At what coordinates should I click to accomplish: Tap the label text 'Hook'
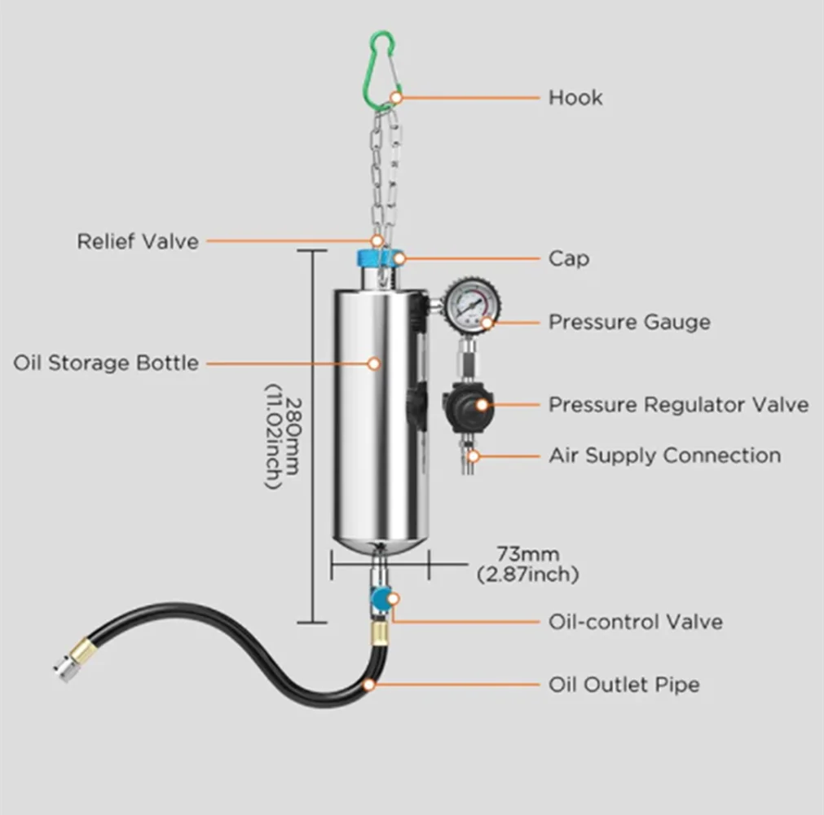click(575, 98)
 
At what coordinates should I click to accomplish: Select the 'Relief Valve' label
click(138, 242)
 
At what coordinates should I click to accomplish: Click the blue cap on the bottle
click(378, 258)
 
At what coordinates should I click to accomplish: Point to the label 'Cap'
click(569, 258)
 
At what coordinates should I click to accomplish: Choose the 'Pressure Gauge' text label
click(629, 322)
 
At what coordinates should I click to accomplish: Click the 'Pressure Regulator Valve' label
click(678, 404)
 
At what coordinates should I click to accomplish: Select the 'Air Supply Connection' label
click(665, 456)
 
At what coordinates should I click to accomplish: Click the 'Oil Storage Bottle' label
click(106, 363)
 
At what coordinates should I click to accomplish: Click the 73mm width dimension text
click(527, 564)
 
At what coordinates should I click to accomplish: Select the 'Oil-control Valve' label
click(636, 622)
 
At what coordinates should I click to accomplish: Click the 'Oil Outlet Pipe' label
click(624, 685)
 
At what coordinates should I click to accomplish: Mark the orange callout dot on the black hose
click(369, 685)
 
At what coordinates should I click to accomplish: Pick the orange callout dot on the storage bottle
click(374, 363)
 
